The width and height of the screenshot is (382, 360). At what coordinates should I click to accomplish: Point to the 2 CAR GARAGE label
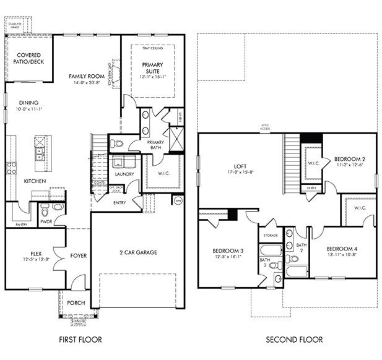137,252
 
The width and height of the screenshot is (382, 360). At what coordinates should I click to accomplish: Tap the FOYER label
78,255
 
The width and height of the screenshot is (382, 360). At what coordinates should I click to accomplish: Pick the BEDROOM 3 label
227,251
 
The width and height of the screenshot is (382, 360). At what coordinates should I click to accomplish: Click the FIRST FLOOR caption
80,340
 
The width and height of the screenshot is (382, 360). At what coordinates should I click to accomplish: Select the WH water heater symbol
178,200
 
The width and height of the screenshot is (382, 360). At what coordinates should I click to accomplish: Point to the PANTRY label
20,225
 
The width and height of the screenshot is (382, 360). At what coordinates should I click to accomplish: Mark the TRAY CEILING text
152,47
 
